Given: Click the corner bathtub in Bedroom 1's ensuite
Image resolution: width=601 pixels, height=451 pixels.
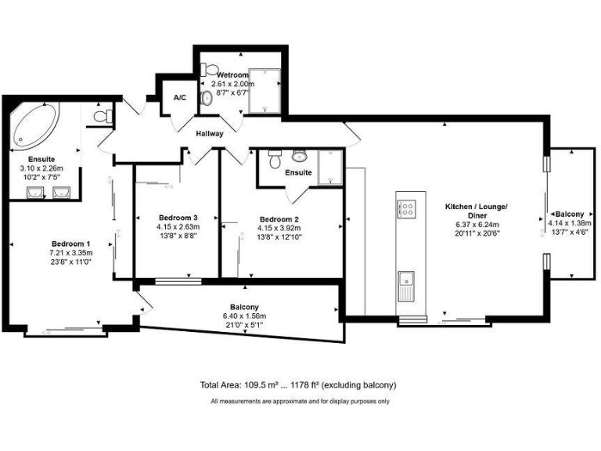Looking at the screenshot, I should coord(33,128).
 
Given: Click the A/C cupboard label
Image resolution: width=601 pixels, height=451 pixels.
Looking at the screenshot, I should coord(179,98).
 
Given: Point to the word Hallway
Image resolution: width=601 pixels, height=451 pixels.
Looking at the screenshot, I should coord(211,134).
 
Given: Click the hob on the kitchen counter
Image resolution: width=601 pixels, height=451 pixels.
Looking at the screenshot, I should coord(407,208).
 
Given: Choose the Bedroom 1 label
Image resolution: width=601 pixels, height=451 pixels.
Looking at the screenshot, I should coord(71,243).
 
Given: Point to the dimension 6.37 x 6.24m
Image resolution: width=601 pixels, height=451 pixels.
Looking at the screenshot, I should coord(476,224).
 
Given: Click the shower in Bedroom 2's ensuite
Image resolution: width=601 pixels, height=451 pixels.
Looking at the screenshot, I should coord(329,167).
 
